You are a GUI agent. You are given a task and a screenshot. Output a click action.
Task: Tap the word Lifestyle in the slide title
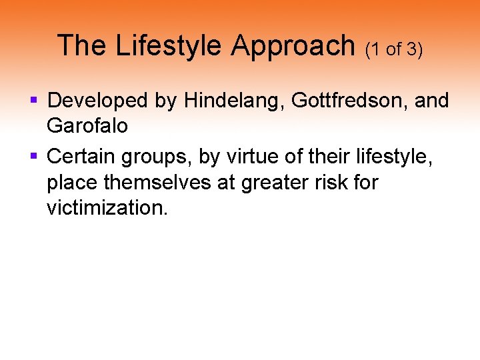[168, 45]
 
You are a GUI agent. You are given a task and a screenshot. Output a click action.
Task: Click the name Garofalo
[87, 126]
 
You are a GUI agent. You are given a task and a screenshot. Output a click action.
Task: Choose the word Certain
[82, 156]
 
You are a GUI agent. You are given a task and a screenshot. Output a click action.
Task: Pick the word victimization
[107, 207]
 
